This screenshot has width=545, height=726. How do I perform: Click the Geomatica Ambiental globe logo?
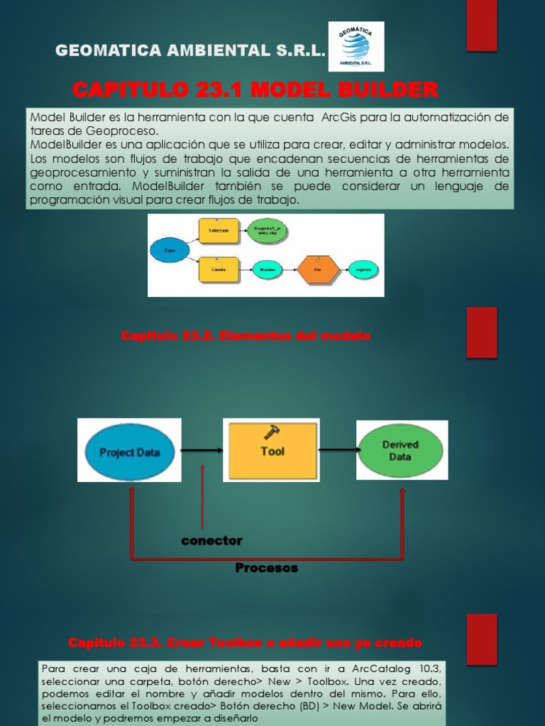click(356, 46)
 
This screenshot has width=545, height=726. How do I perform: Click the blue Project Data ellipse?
click(129, 452)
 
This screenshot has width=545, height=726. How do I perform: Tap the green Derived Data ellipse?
click(401, 450)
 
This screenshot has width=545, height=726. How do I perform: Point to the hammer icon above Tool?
click(272, 432)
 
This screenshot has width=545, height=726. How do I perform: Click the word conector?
click(211, 541)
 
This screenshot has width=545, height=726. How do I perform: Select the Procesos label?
click(266, 569)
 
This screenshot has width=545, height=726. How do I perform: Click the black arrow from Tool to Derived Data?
click(337, 449)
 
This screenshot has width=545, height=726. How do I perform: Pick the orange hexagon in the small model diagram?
click(318, 269)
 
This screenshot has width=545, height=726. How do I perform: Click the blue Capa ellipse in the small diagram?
click(169, 250)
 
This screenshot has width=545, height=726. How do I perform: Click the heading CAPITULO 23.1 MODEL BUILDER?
click(255, 90)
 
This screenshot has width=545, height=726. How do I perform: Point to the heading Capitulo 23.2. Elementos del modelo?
click(246, 335)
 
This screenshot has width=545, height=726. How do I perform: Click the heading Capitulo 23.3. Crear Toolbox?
click(245, 643)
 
